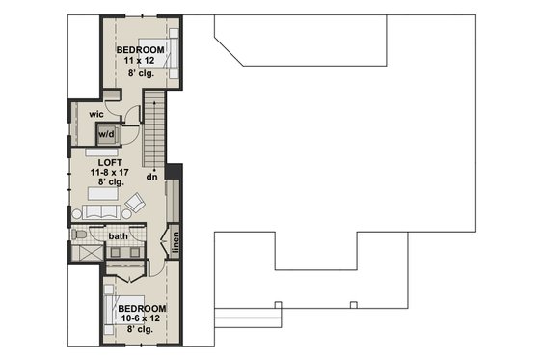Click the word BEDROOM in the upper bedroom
[x=141, y=49]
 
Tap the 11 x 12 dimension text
[x=141, y=60]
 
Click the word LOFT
[x=121, y=163]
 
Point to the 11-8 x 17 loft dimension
[x=121, y=173]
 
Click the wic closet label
[x=96, y=114]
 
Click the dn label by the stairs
[x=151, y=177]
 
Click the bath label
[x=118, y=235]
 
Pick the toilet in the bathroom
[x=81, y=235]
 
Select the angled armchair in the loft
[x=136, y=204]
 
